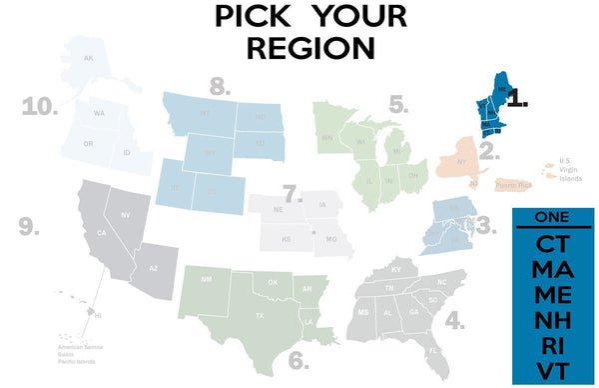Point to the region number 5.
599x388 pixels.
click(398, 104)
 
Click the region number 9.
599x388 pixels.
click(29, 226)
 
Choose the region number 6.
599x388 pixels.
click(299, 358)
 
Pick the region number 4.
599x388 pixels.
click(454, 321)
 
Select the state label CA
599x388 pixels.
click(101, 234)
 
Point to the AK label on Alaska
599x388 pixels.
click(88, 58)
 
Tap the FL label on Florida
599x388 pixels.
click(432, 352)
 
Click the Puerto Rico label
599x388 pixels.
click(518, 183)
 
